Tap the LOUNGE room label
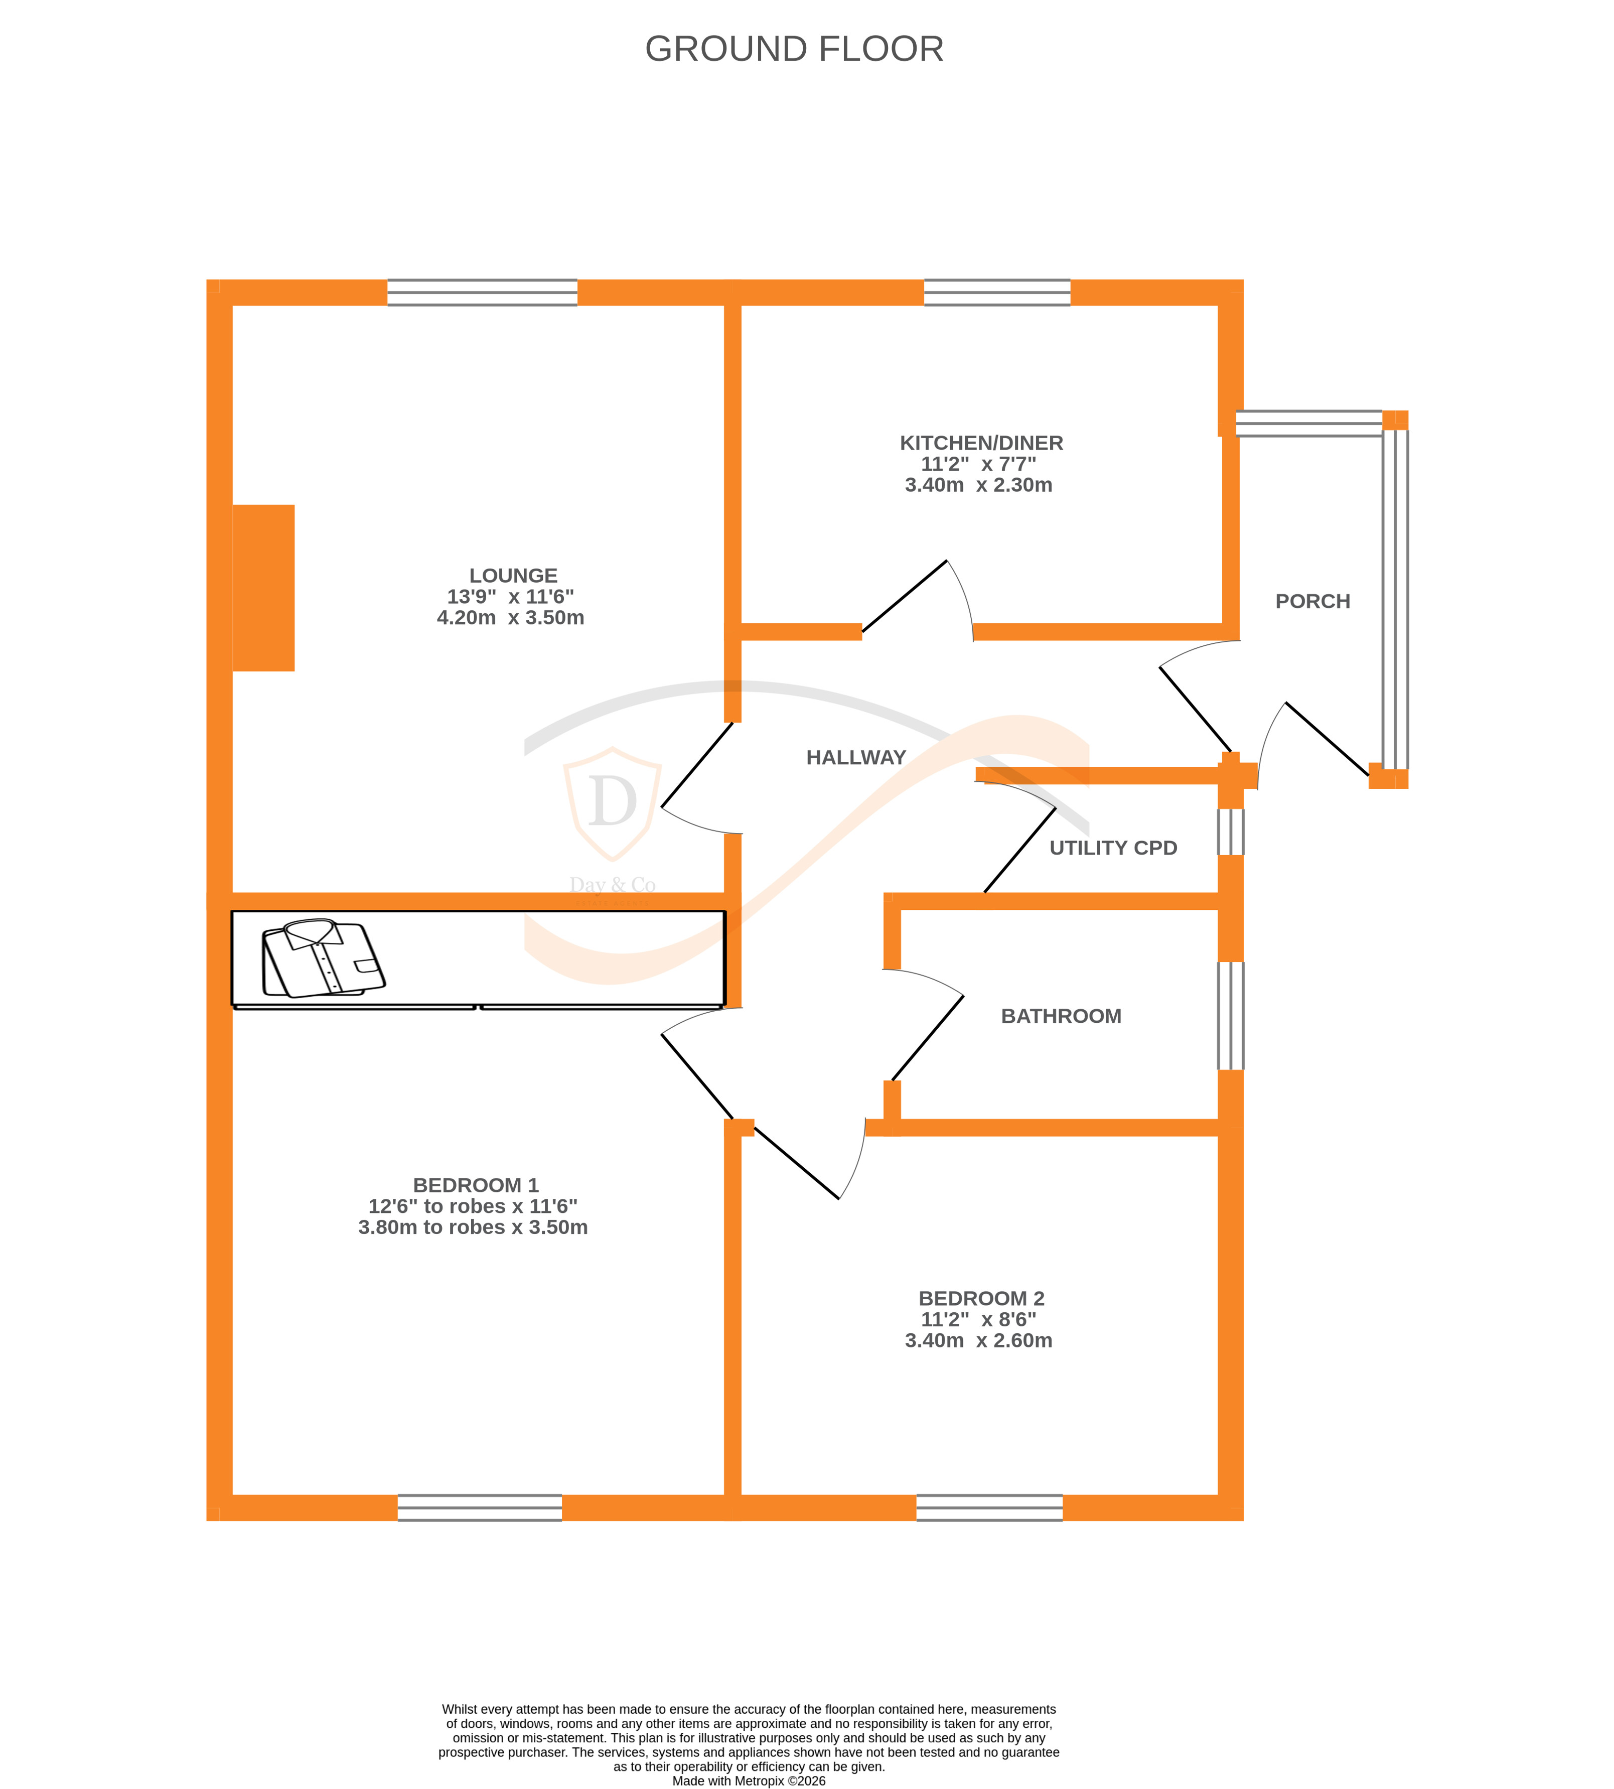pos(513,576)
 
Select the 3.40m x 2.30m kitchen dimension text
pos(978,485)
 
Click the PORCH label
pos(1312,601)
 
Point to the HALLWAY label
pos(856,757)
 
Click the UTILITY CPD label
pos(1113,848)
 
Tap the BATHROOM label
pos(1061,1017)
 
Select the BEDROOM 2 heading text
pos(981,1299)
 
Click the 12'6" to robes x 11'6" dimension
pos(473,1206)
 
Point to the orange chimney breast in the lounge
pos(263,588)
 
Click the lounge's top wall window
pos(483,293)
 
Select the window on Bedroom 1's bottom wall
pos(480,1508)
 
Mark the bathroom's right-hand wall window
pos(1230,1016)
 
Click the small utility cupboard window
pos(1230,832)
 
